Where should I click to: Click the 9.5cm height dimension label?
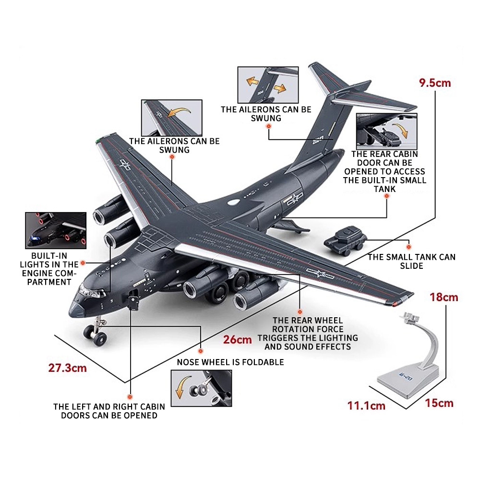point(435,83)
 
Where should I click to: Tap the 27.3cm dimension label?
point(67,368)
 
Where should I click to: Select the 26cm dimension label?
point(237,339)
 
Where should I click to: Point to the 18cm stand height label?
point(444,297)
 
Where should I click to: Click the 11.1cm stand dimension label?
point(366,406)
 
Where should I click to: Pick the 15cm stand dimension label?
point(439,403)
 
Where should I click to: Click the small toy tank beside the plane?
point(345,240)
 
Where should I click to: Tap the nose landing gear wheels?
point(96,334)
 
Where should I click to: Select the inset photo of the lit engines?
point(56,230)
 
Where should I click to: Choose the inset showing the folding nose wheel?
point(201,388)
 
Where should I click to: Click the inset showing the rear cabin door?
point(386,132)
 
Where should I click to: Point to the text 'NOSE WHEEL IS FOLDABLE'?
point(230,362)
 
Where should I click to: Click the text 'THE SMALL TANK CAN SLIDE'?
point(411,262)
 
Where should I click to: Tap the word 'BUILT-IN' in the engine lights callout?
point(49,256)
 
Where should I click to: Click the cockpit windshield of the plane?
point(90,291)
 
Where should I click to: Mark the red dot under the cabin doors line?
point(130,397)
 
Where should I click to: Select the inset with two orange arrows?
point(268,85)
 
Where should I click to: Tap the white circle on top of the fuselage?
point(234,202)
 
